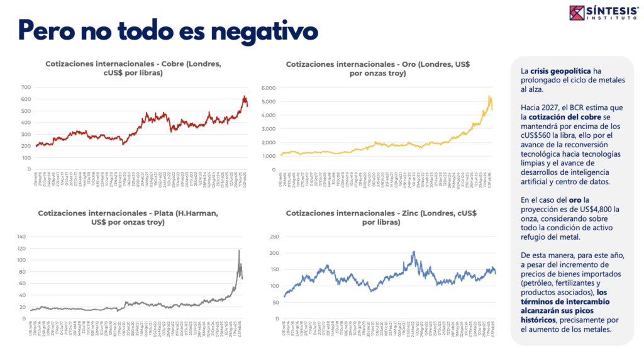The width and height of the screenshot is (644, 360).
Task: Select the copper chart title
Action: click(x=133, y=68)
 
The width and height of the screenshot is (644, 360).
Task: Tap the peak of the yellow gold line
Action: click(x=489, y=96)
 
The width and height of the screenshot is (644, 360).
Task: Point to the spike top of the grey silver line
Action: click(x=239, y=250)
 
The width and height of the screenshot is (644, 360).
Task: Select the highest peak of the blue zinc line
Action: click(x=414, y=252)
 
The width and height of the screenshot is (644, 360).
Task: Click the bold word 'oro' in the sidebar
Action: click(x=567, y=199)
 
